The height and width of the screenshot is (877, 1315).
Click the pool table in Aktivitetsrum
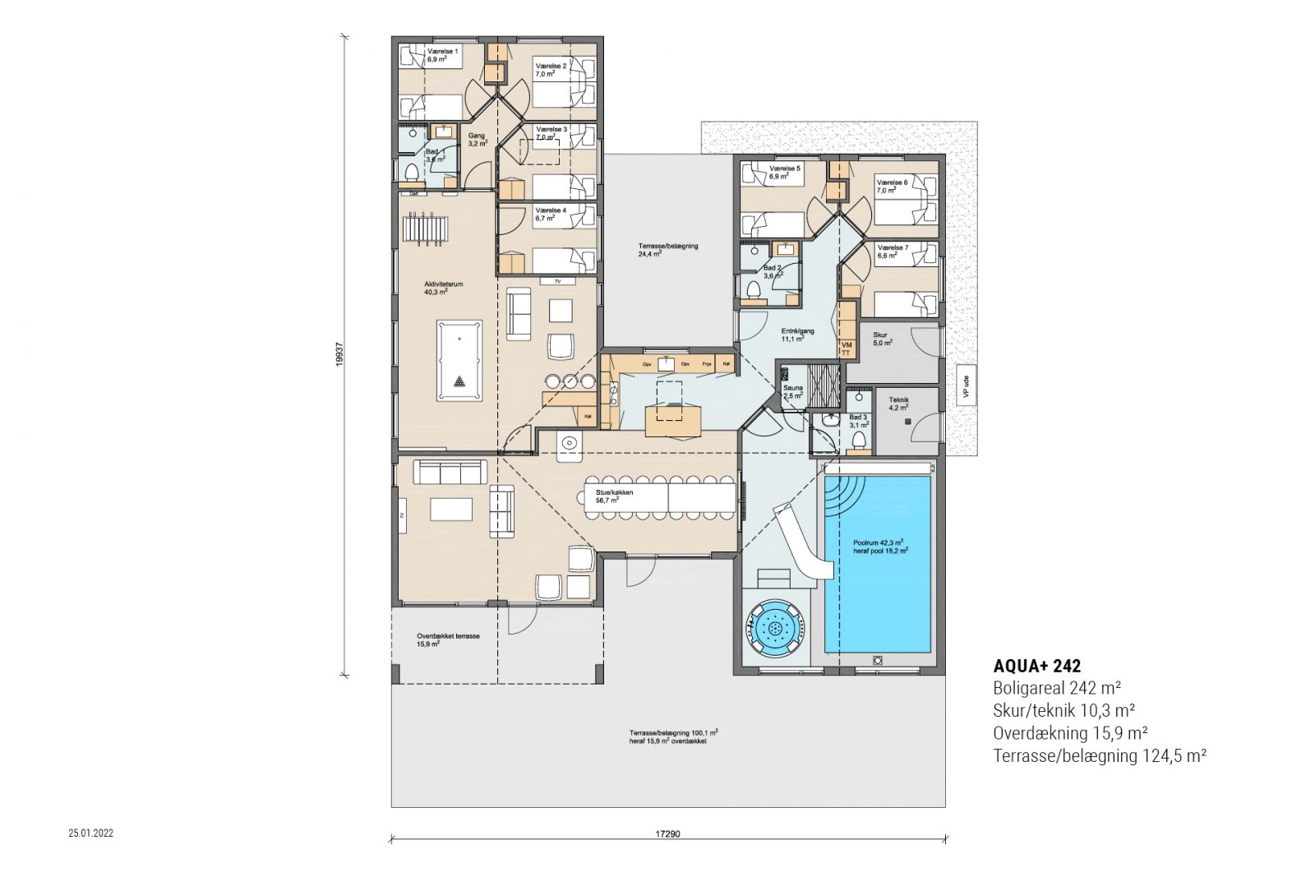tap(459, 360)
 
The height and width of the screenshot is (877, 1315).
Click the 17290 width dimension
tap(667, 833)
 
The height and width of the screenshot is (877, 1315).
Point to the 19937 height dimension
tap(339, 355)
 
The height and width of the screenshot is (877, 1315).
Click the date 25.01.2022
tap(91, 833)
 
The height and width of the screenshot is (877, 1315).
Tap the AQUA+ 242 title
tap(1036, 666)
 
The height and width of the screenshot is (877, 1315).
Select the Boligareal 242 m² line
tap(1057, 688)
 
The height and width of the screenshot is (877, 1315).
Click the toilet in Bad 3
tap(860, 441)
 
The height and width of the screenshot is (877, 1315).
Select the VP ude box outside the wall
tap(966, 385)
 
